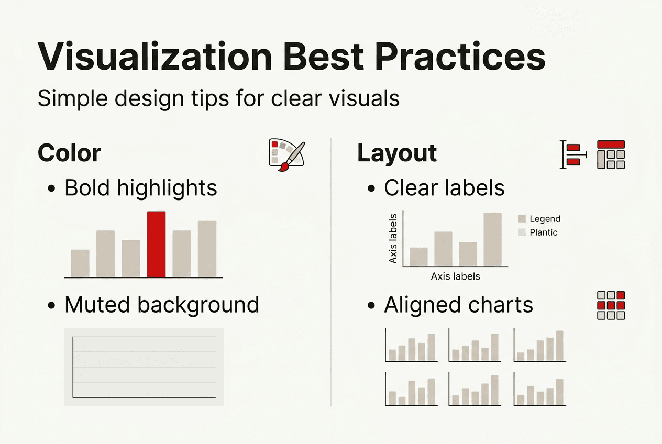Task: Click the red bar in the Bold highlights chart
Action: (156, 244)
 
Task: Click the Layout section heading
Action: (397, 153)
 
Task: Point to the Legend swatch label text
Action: (545, 219)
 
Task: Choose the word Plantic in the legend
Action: (544, 232)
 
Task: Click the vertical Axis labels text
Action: (393, 238)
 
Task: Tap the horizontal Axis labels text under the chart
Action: (455, 276)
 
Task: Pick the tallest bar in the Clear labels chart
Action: (492, 239)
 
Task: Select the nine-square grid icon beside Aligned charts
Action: (611, 305)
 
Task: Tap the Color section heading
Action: (69, 153)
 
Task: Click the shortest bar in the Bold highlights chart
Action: (80, 263)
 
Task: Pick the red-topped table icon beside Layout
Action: (611, 154)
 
